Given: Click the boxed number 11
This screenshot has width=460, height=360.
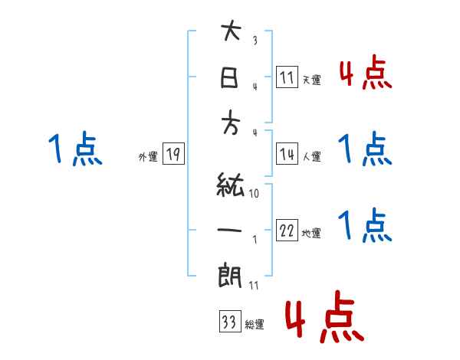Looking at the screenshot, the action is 287,77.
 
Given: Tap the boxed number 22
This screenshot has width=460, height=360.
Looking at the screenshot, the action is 287,231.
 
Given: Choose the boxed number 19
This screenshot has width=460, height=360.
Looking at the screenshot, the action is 173,155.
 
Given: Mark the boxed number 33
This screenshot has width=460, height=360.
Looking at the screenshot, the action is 228,322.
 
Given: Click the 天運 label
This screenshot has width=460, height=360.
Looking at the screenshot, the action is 312,80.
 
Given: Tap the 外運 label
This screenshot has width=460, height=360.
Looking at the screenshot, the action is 148,157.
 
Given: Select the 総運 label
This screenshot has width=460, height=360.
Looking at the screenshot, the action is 255,325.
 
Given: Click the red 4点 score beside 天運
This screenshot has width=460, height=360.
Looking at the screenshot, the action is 366,74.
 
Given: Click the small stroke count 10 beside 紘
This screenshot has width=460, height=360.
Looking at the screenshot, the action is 254,194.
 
